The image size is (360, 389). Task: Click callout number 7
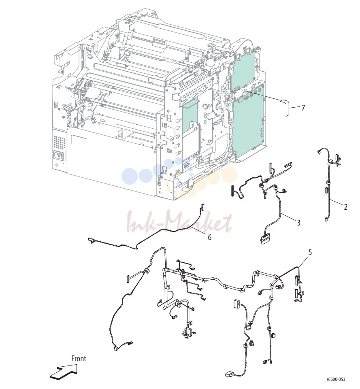(303, 108)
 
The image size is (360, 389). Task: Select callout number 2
(345, 207)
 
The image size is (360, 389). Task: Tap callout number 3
(298, 223)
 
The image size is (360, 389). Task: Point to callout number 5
(310, 252)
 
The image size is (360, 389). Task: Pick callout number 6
(210, 238)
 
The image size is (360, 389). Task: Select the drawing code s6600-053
(336, 379)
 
